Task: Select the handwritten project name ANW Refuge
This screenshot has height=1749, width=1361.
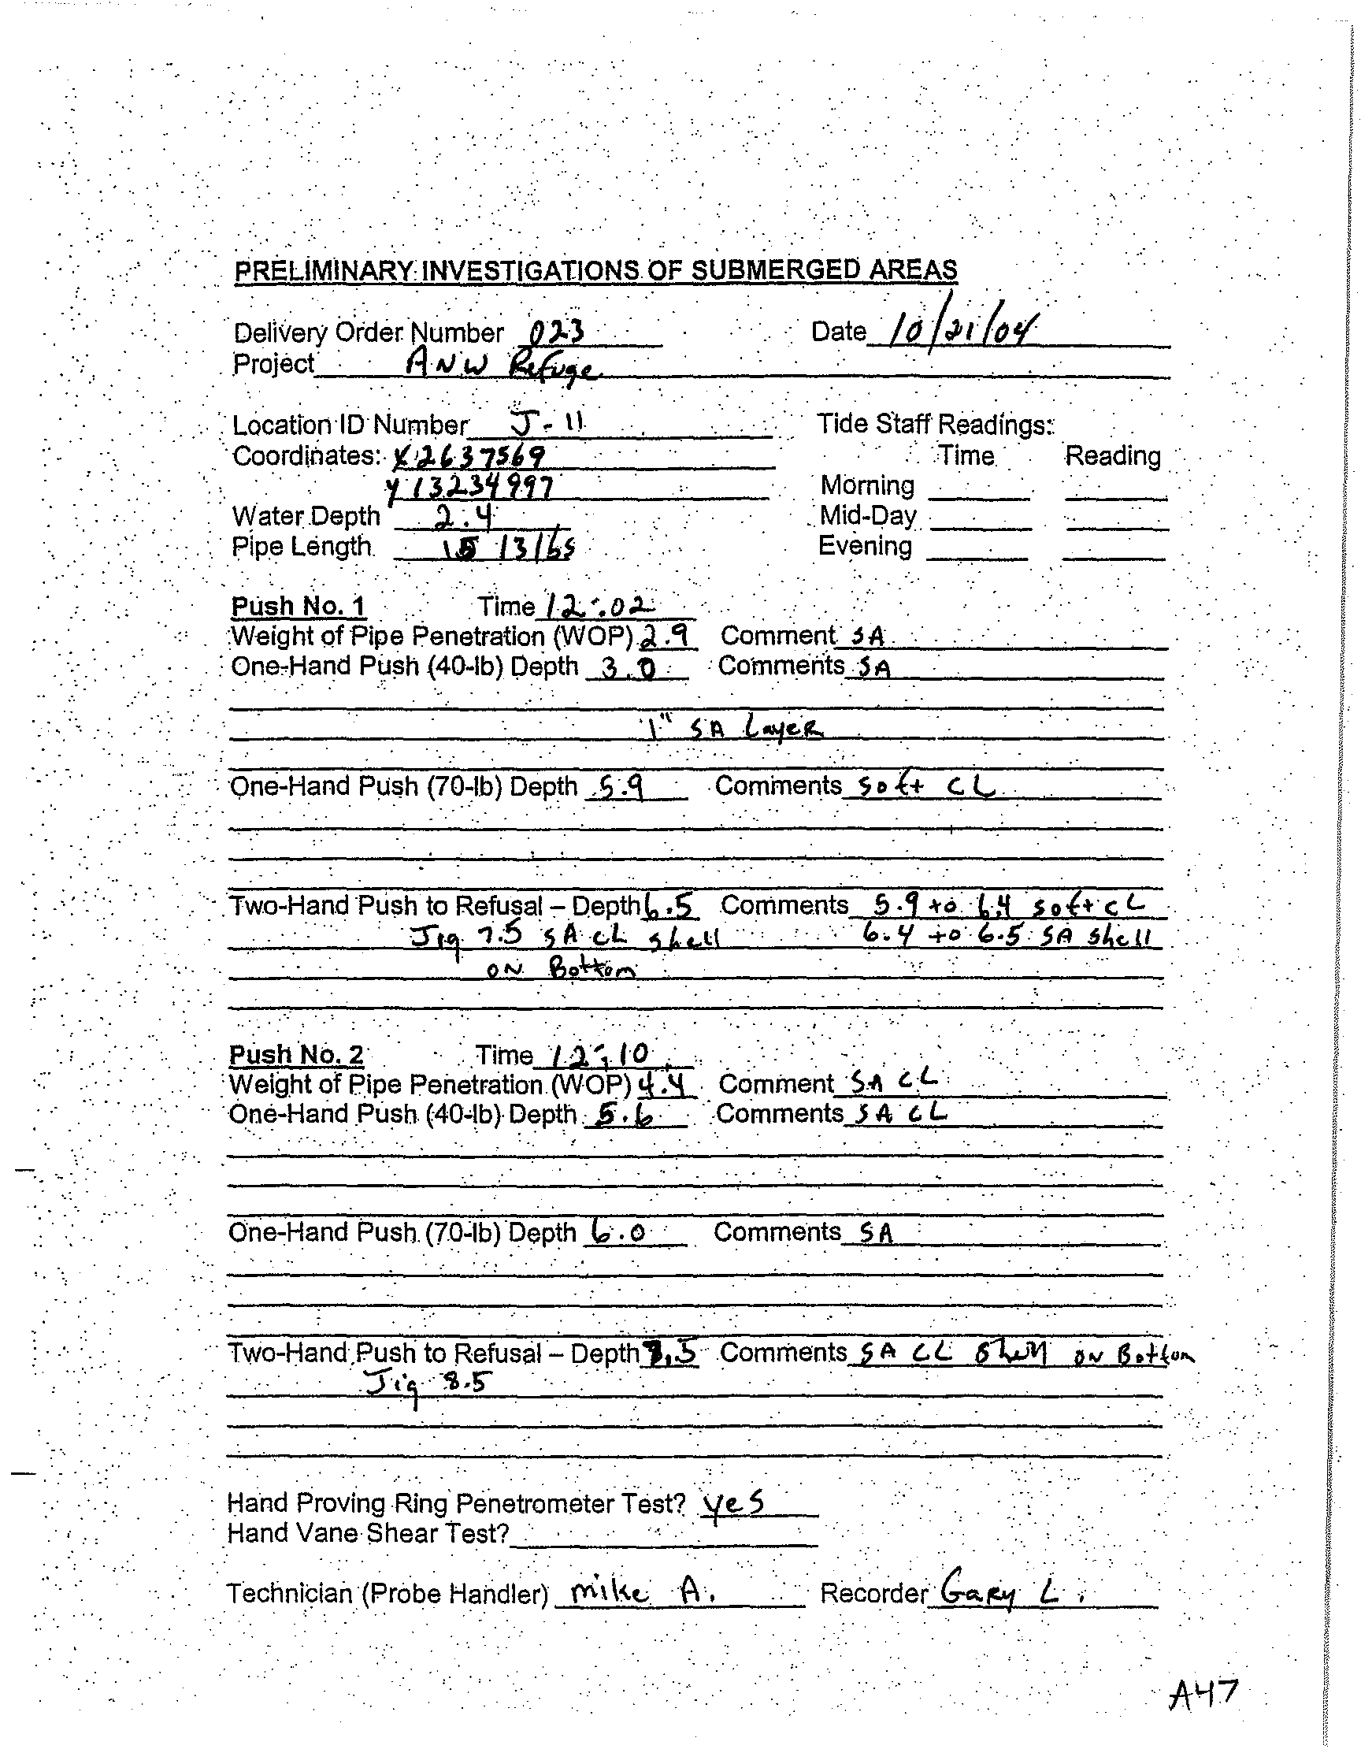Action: tap(500, 368)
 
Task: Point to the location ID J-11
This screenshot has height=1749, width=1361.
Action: tap(547, 422)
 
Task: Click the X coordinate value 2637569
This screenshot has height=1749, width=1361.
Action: tap(470, 456)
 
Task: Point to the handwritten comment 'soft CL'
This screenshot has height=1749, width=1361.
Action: tap(925, 787)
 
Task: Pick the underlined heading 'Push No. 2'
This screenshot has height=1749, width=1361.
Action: tap(296, 1055)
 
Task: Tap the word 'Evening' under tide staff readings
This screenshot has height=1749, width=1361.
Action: tap(865, 546)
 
